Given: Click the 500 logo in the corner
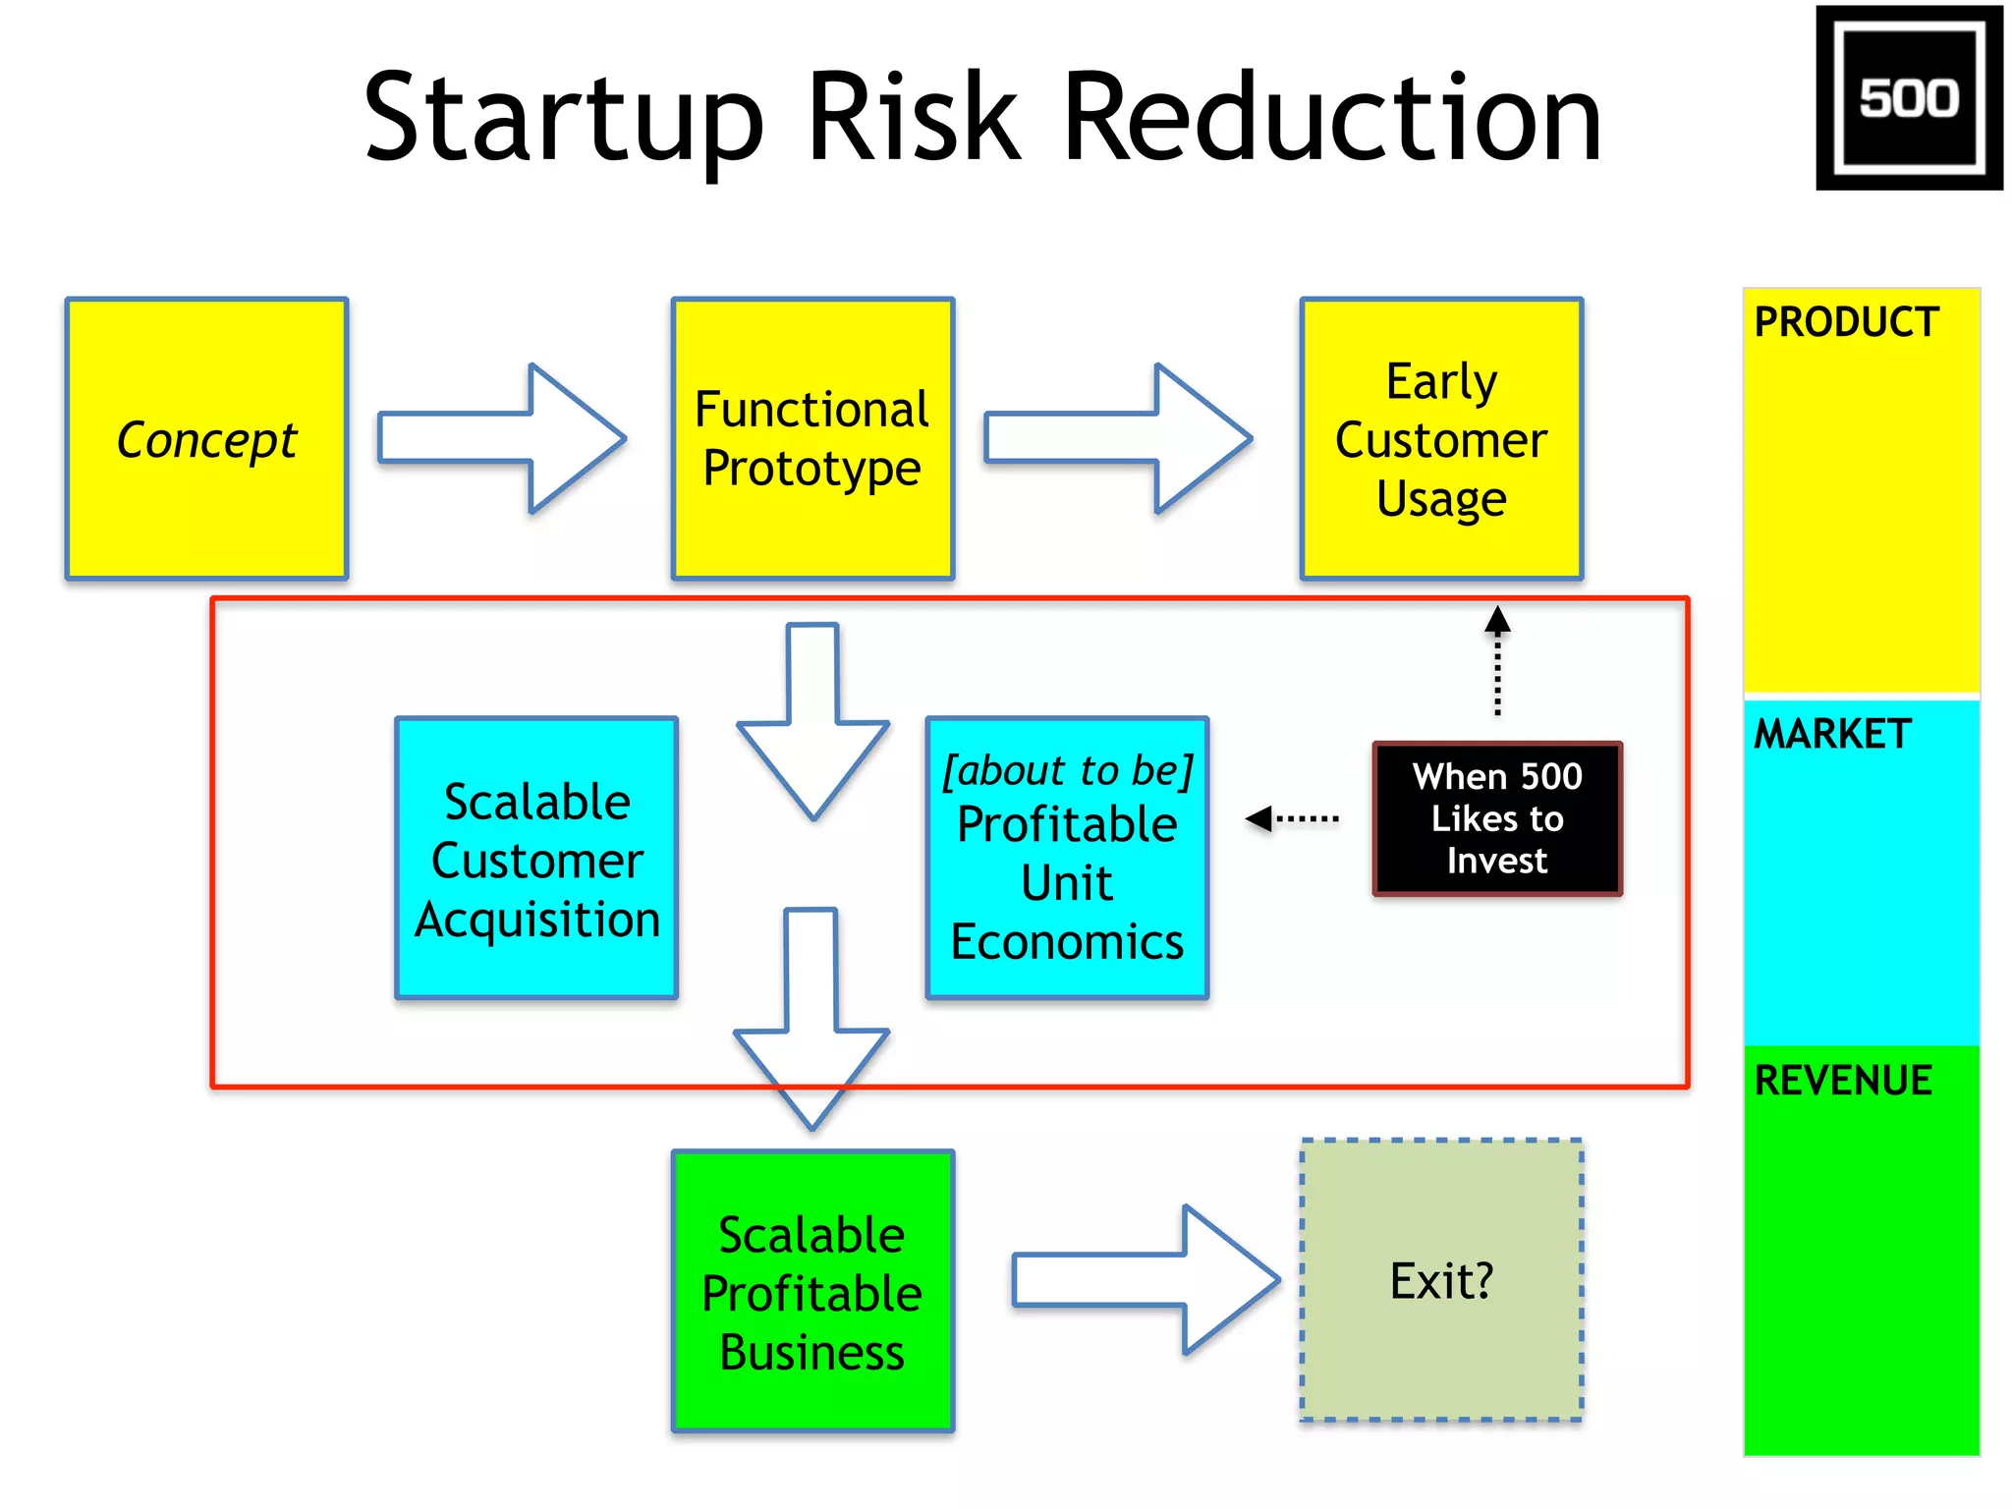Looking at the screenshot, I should pos(1908,98).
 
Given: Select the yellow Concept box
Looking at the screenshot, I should pos(206,439).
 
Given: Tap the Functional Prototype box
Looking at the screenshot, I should pos(811,439).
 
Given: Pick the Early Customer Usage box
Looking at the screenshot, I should pos(1441,439).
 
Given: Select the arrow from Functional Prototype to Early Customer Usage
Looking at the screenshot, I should pos(1118,438).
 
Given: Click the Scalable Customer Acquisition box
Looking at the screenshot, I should pos(536,859).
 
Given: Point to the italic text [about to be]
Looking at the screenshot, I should pos(1067,770).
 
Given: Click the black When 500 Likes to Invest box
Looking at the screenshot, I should pos(1496,818).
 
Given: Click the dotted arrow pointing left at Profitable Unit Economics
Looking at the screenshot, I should pos(1291,818).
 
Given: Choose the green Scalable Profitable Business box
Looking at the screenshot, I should pos(811,1291).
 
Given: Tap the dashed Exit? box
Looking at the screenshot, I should pos(1441,1280).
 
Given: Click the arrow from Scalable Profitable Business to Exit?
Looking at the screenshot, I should pos(1146,1280).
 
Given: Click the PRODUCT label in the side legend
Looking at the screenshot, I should pos(1846,322).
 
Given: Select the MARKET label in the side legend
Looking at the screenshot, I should pos(1832,734).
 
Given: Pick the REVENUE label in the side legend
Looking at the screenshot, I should pos(1843,1081).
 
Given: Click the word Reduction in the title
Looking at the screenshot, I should pos(1332,118).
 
